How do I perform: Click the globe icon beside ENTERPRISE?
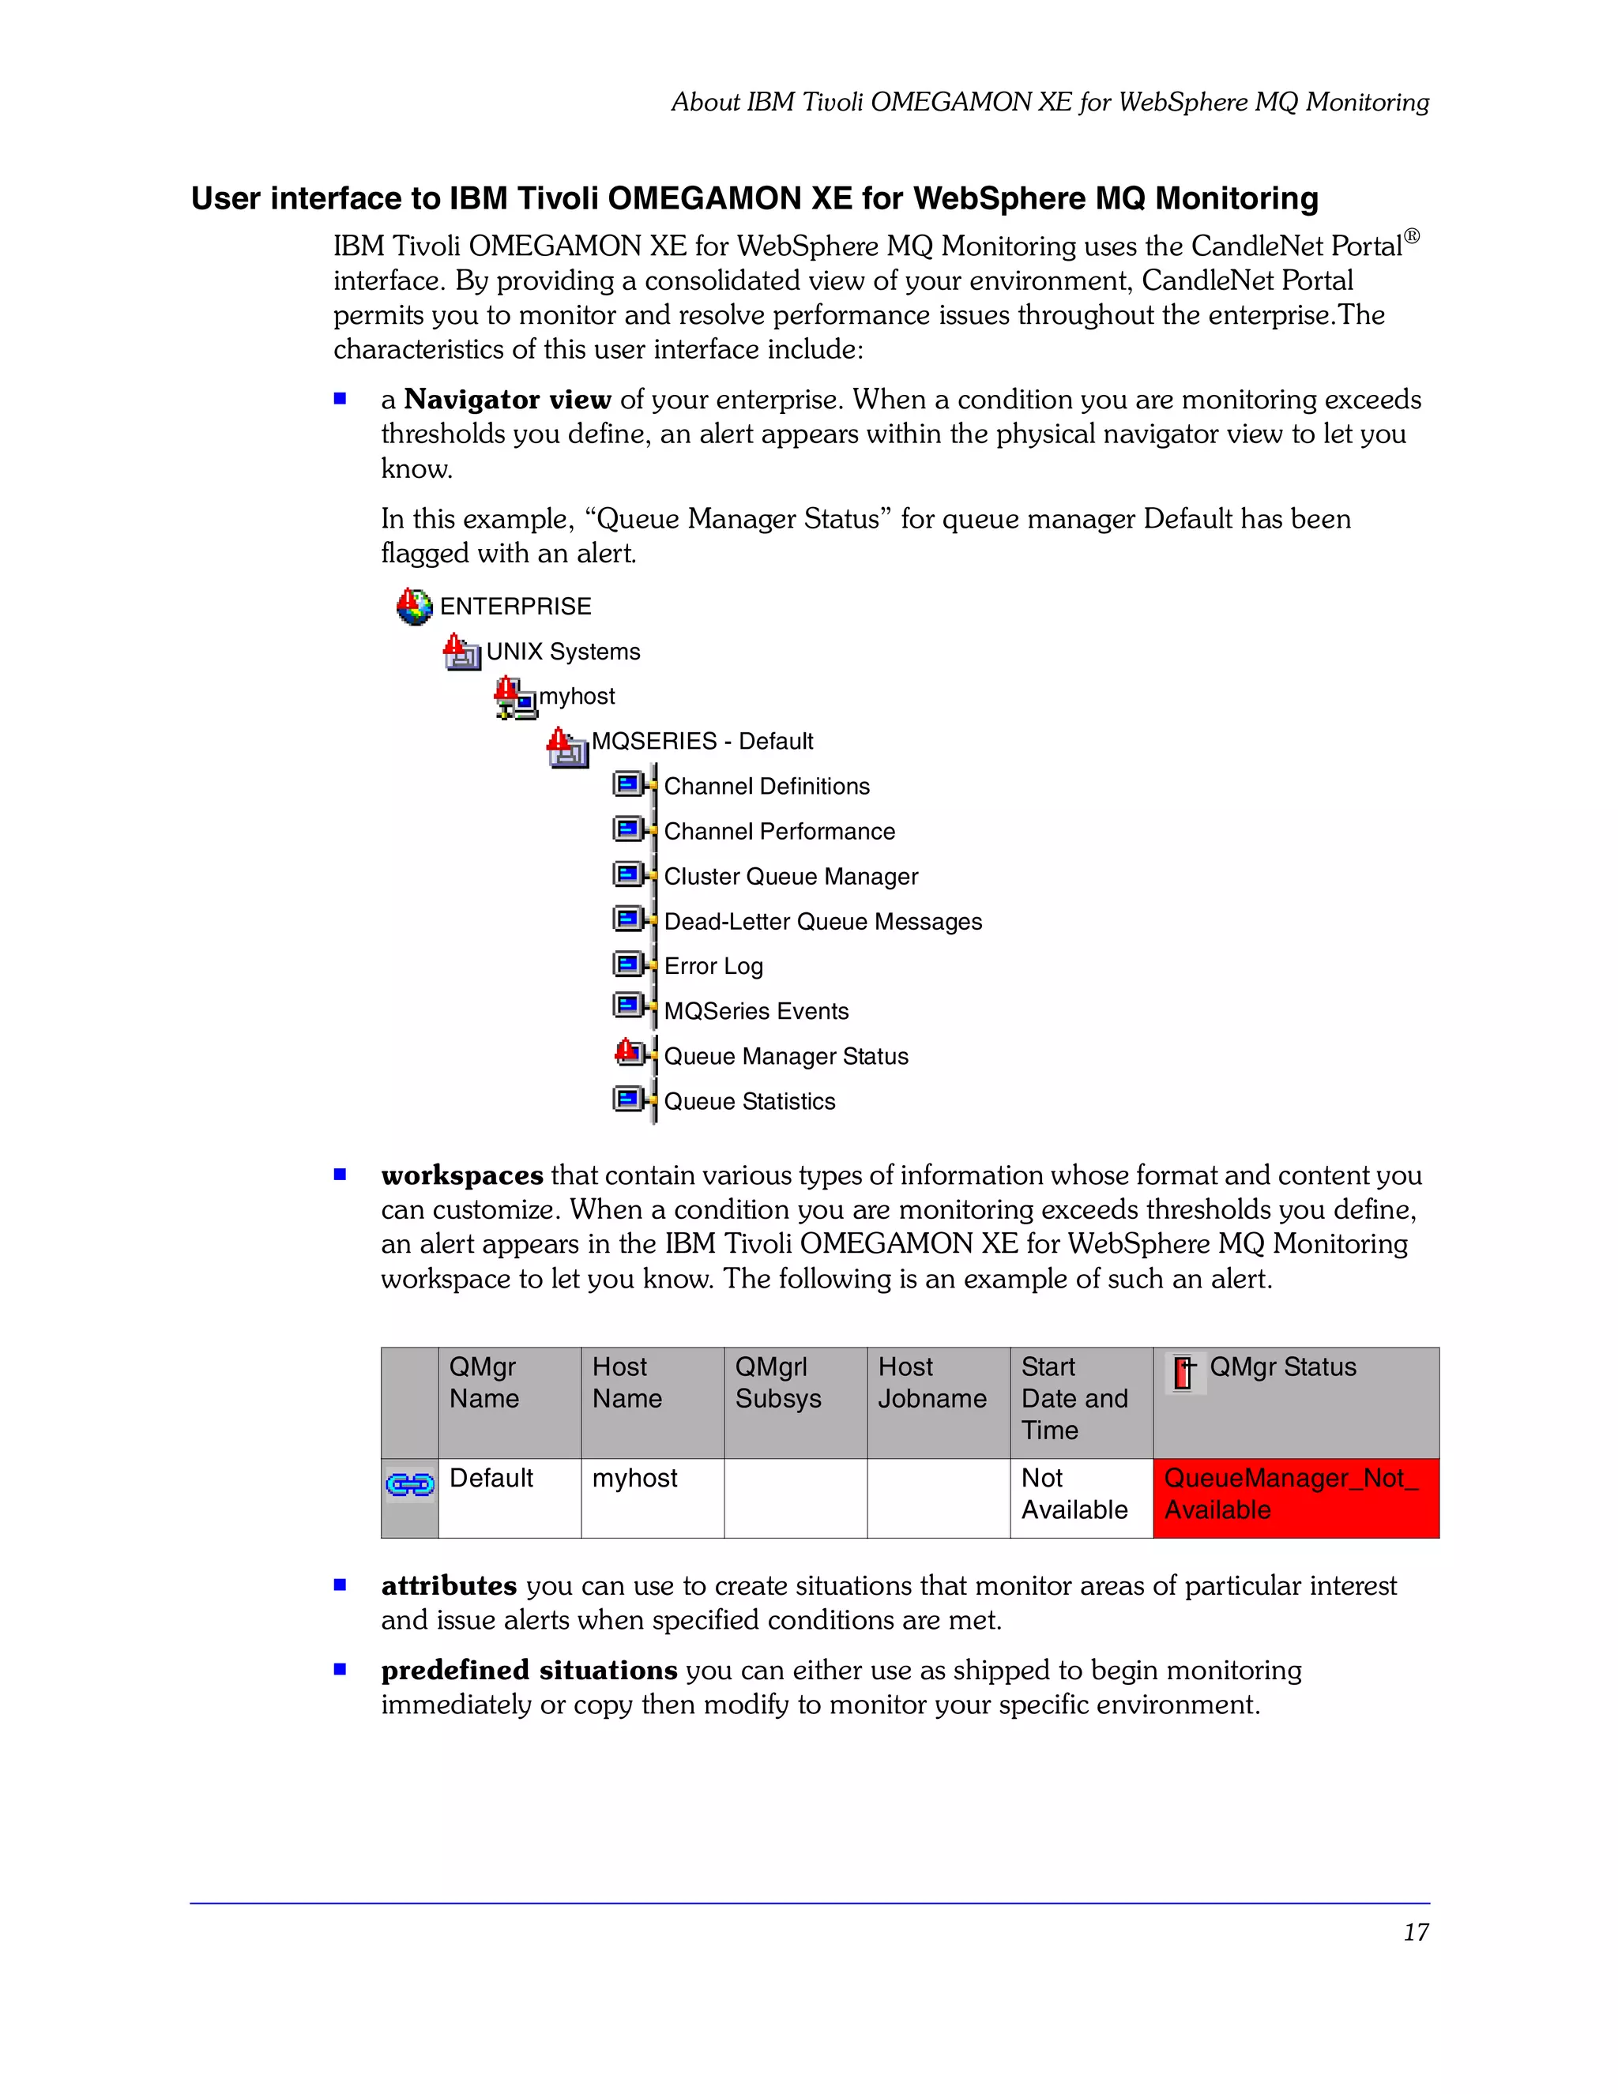click(414, 607)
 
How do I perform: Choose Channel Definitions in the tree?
click(766, 786)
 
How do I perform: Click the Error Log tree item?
click(713, 967)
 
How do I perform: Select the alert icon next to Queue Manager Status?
click(629, 1054)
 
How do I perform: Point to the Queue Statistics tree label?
click(748, 1102)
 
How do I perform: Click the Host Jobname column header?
click(931, 1384)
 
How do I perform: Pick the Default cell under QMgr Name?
click(491, 1479)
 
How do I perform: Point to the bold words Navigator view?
click(507, 400)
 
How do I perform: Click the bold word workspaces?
click(461, 1175)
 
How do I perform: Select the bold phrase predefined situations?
click(529, 1670)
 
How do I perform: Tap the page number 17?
click(1415, 1933)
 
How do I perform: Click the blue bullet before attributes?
click(340, 1585)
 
